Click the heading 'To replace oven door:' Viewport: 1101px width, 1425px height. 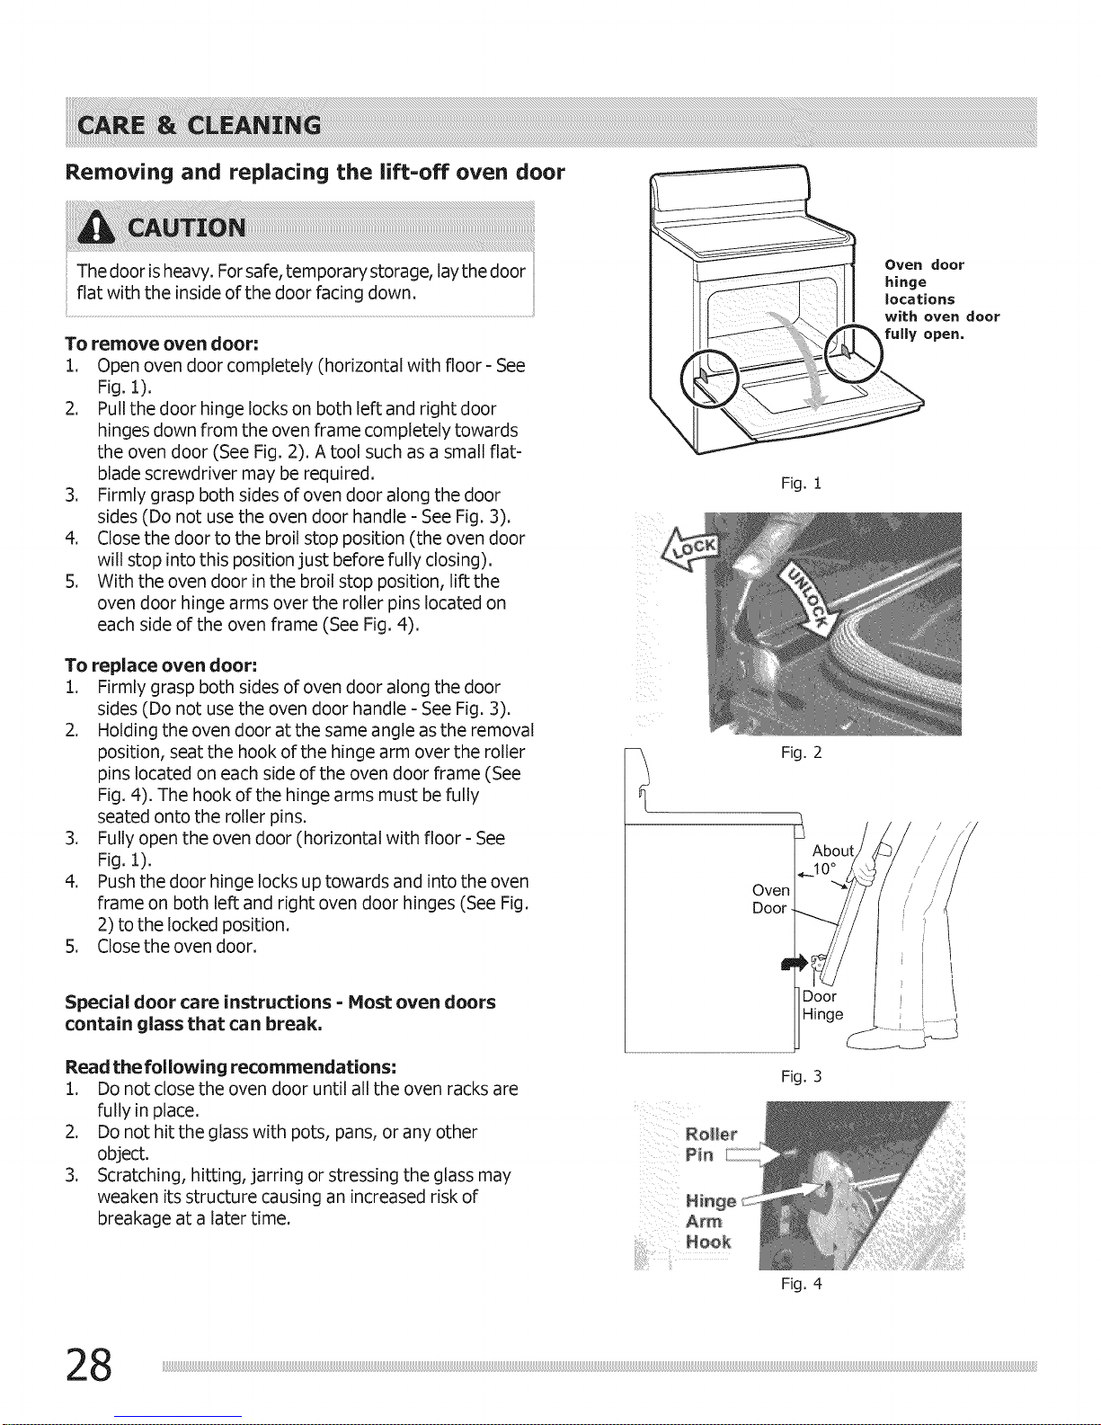point(161,665)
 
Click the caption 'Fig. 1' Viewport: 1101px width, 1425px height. point(801,484)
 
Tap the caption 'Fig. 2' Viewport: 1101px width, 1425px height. point(801,753)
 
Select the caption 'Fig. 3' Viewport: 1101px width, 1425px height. point(801,1076)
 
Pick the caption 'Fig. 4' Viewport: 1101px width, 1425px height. point(801,1284)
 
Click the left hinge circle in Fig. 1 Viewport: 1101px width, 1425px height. point(708,375)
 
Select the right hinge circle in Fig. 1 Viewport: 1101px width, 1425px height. point(848,349)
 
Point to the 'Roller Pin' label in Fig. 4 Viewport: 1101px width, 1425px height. point(711,1143)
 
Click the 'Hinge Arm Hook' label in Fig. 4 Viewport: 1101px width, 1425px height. point(710,1221)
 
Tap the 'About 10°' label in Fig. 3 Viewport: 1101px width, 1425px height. point(832,859)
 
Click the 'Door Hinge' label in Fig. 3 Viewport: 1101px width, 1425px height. point(822,1005)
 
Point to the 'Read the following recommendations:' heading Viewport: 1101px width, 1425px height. point(231,1066)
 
